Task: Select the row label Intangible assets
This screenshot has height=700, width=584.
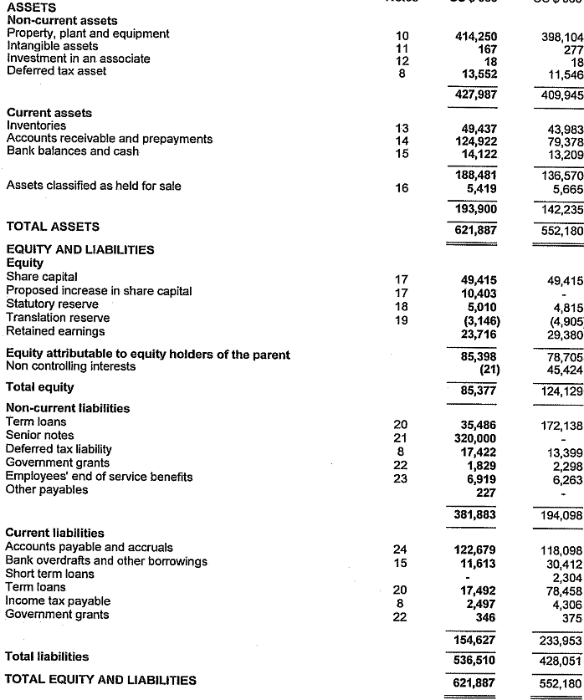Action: point(52,47)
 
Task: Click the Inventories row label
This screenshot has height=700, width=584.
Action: point(36,126)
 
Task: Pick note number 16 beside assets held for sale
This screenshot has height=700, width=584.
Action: point(402,188)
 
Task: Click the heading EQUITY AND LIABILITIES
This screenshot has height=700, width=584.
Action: point(80,250)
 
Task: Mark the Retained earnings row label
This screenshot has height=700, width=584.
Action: point(55,332)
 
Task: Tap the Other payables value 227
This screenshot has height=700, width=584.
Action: point(485,492)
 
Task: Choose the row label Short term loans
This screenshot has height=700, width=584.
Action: point(49,575)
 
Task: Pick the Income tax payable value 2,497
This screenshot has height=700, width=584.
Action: point(482,601)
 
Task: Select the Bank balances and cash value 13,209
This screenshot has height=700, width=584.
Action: point(563,153)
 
